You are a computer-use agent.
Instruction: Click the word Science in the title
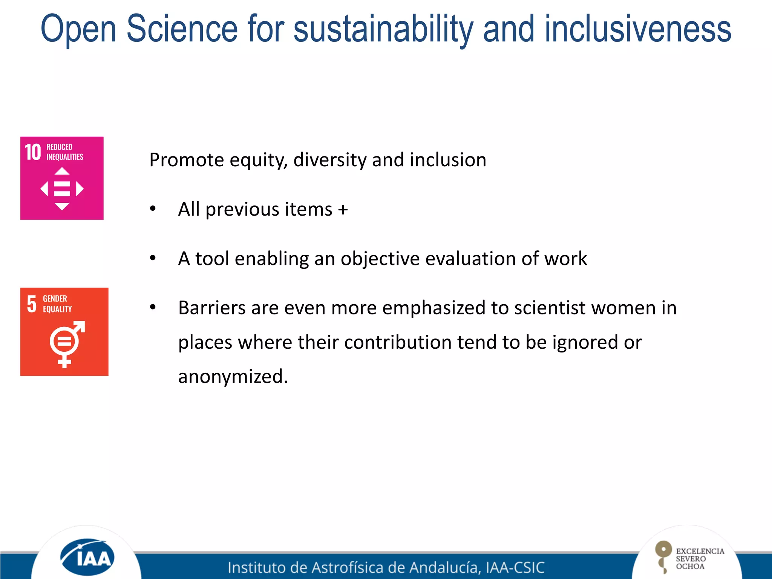click(182, 29)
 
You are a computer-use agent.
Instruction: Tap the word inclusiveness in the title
click(637, 29)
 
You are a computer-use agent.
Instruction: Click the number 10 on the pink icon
click(33, 152)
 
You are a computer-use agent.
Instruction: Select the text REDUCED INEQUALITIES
click(64, 152)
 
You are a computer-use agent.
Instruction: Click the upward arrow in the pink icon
click(62, 172)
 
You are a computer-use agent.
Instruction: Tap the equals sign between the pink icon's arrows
click(62, 189)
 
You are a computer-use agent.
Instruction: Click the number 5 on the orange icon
click(32, 304)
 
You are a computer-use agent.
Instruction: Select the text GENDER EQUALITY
click(57, 304)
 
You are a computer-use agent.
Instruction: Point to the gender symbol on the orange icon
click(66, 343)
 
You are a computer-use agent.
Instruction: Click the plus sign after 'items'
click(343, 210)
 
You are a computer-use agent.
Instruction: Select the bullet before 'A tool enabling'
click(153, 259)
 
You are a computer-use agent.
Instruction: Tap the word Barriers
click(211, 308)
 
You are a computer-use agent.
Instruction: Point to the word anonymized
click(233, 377)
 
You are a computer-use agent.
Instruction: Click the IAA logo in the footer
click(87, 557)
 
